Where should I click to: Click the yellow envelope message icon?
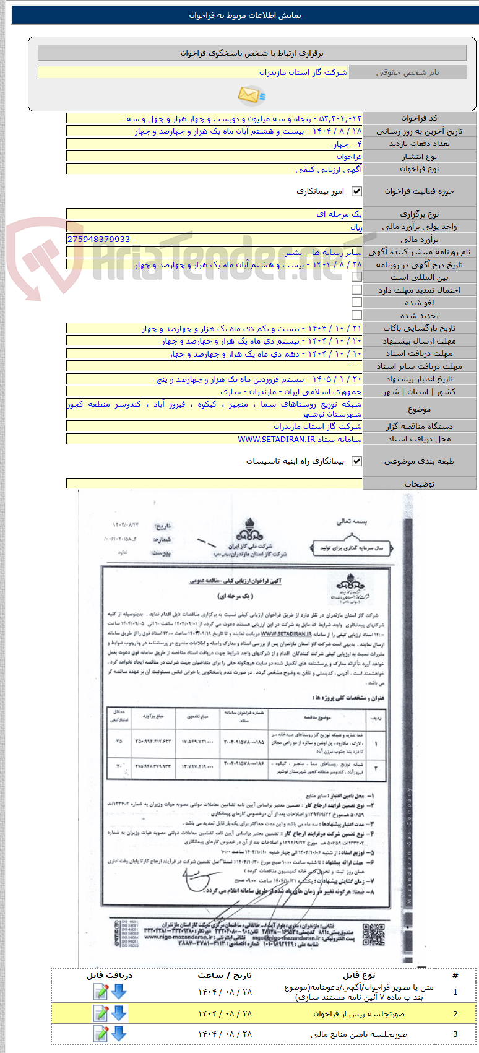[x=251, y=95]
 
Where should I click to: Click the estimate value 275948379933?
[x=98, y=240]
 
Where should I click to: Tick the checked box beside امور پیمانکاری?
[x=356, y=192]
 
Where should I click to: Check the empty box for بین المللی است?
[x=356, y=277]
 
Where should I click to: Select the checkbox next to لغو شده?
[x=356, y=303]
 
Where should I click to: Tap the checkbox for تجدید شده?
[x=356, y=315]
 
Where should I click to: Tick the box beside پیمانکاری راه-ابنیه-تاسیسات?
[x=356, y=461]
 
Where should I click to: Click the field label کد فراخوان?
[x=419, y=118]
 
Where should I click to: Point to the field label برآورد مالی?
[x=419, y=240]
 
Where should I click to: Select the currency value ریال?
[x=356, y=227]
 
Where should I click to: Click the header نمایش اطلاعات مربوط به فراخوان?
[x=245, y=15]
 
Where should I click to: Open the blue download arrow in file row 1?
[x=118, y=992]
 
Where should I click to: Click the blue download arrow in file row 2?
[x=118, y=1013]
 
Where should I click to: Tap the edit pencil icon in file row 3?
[x=100, y=1033]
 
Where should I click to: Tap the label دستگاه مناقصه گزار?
[x=419, y=427]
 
